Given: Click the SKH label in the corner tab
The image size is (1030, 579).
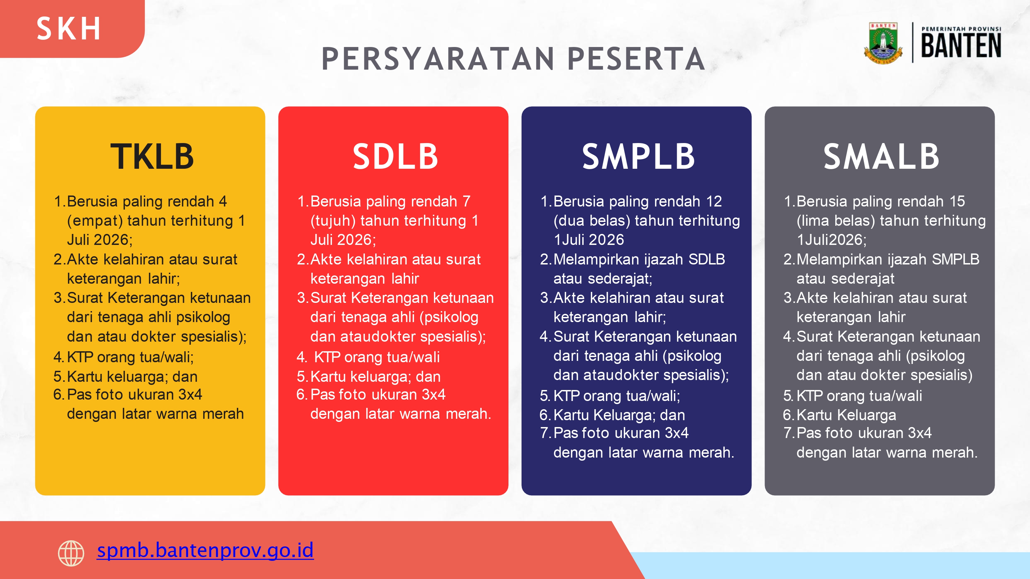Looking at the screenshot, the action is click(x=68, y=29).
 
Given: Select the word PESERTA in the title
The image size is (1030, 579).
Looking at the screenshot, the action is click(x=636, y=59).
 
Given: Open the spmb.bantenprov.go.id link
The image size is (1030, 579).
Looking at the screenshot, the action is click(x=205, y=550).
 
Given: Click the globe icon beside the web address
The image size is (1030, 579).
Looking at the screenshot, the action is click(x=71, y=553).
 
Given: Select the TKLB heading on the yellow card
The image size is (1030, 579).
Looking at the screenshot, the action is click(x=152, y=157).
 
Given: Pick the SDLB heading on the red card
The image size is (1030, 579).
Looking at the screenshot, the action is click(x=395, y=157).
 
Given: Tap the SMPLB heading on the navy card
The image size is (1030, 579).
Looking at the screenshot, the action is click(x=639, y=157).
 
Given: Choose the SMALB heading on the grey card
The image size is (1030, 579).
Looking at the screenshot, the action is click(x=881, y=157).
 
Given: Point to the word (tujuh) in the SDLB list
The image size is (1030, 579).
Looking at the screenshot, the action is click(x=333, y=221).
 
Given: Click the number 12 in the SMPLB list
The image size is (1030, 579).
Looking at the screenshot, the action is click(x=714, y=201).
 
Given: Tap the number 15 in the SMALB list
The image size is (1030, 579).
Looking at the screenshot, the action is click(x=957, y=201).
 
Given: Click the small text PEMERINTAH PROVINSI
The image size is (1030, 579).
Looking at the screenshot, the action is click(x=961, y=29).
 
